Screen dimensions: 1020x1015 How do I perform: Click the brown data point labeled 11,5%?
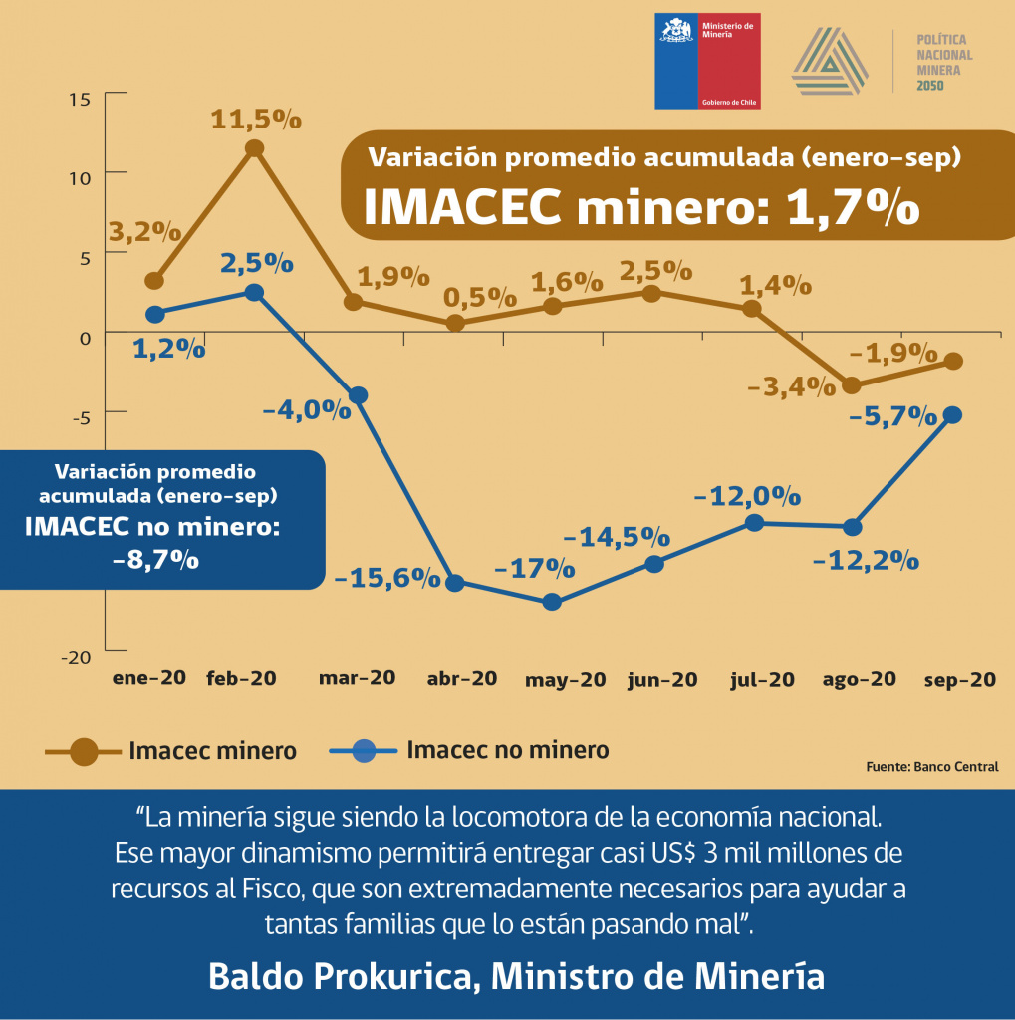pyautogui.click(x=254, y=148)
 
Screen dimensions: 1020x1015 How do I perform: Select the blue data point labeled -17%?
pyautogui.click(x=553, y=602)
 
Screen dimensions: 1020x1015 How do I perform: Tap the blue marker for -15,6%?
pyautogui.click(x=455, y=583)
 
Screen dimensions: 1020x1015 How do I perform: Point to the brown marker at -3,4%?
pyautogui.click(x=851, y=385)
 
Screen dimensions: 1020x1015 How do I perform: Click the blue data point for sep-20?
pyautogui.click(x=952, y=414)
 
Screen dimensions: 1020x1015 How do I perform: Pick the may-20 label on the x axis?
pyautogui.click(x=565, y=680)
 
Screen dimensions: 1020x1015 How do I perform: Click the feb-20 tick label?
pyautogui.click(x=241, y=678)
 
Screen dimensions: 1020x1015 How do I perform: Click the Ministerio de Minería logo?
pyautogui.click(x=706, y=61)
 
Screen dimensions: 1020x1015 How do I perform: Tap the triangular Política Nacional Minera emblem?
pyautogui.click(x=830, y=62)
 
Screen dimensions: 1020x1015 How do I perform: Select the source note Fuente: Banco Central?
pyautogui.click(x=932, y=767)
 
